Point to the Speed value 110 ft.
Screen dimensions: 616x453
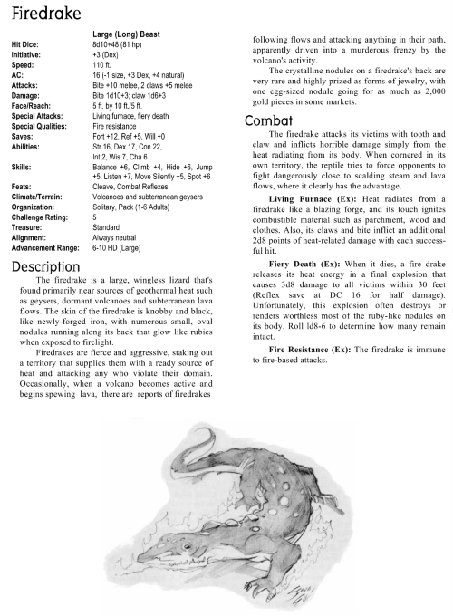(x=101, y=63)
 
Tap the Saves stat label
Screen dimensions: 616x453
(x=24, y=109)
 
